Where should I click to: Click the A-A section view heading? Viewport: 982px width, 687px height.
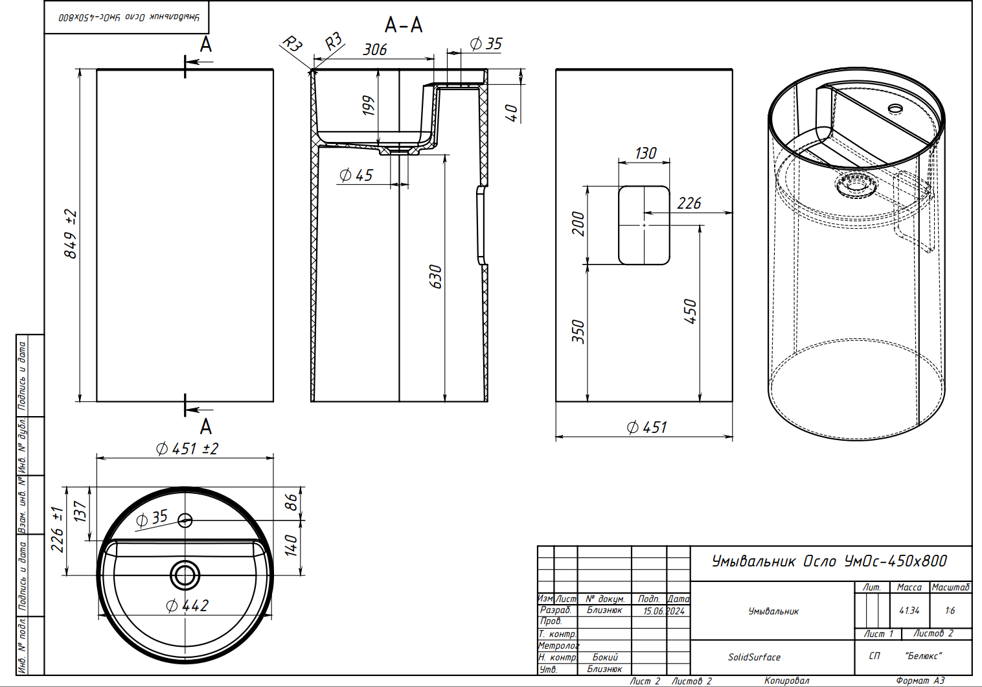click(x=404, y=25)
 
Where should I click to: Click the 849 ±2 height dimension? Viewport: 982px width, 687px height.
click(x=71, y=234)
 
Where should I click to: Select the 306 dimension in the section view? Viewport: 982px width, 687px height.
click(x=375, y=49)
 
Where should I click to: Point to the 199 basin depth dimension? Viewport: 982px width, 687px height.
click(x=369, y=106)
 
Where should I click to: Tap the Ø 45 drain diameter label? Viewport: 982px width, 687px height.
click(x=356, y=176)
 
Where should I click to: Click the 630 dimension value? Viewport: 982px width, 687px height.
click(x=435, y=276)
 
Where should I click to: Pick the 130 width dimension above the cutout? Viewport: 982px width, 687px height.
click(x=646, y=153)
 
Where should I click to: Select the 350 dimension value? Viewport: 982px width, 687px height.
click(x=578, y=332)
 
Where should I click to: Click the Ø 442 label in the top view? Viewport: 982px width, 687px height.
click(x=187, y=606)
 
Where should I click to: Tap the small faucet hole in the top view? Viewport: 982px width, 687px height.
click(x=185, y=520)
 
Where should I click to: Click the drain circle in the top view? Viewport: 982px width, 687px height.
click(x=185, y=575)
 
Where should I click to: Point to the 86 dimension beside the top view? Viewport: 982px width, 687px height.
click(x=291, y=503)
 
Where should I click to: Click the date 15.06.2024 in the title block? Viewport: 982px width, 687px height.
click(x=664, y=611)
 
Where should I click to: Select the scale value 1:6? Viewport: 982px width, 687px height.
click(x=950, y=611)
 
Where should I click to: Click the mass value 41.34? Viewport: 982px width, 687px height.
click(x=909, y=611)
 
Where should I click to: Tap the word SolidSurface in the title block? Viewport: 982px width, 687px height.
click(x=754, y=657)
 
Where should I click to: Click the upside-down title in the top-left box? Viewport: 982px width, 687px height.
click(x=129, y=17)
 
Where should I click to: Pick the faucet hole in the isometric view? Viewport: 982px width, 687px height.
click(x=895, y=108)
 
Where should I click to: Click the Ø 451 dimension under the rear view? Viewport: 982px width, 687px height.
click(x=646, y=427)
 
